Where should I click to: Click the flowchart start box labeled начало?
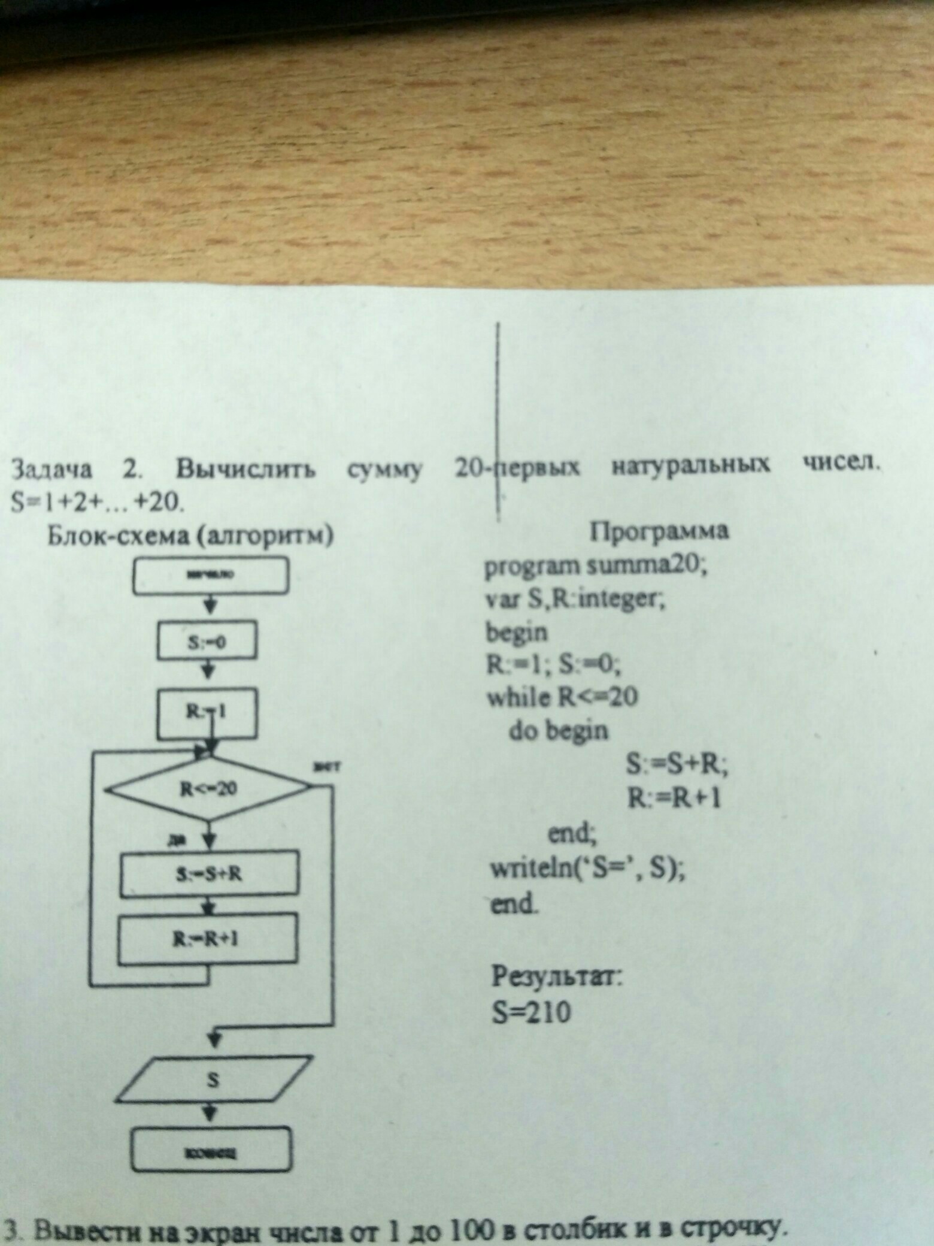[211, 576]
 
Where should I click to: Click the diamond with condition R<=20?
[209, 789]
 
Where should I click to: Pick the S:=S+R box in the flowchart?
[209, 873]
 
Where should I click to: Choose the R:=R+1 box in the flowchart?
[207, 939]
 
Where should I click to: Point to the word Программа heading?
[660, 531]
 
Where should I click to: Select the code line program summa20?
[596, 565]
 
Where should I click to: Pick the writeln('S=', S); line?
[587, 869]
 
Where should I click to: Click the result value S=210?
[532, 1013]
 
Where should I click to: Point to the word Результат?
[557, 978]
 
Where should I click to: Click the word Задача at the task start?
[53, 470]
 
